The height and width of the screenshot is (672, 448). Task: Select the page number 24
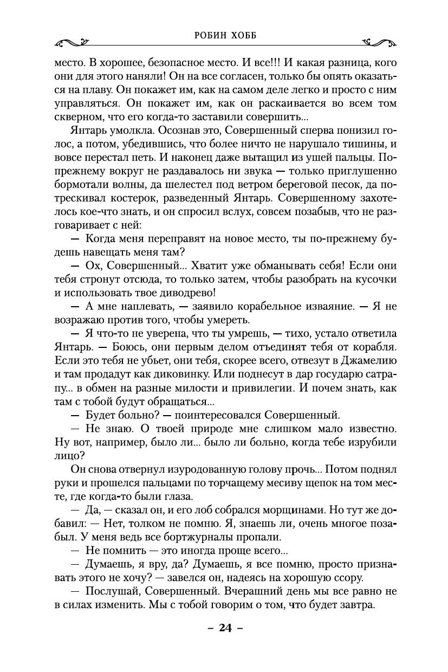pos(225,629)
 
